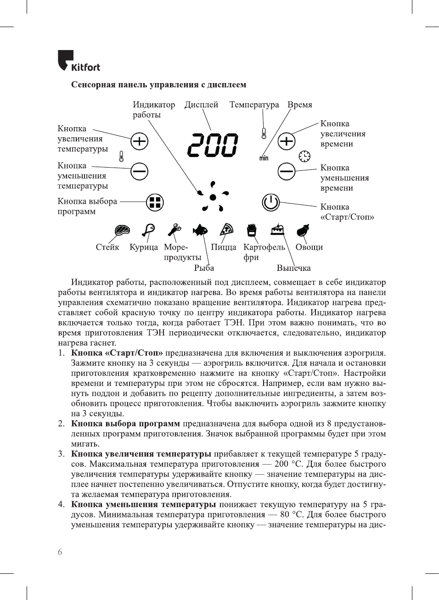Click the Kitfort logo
coord(79,62)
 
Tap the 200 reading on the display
coord(213,146)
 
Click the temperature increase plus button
coord(139,141)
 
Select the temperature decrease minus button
coord(139,172)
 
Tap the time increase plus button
coord(287,141)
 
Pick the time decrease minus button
coord(287,172)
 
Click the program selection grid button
coord(155,202)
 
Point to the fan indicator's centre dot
coord(213,197)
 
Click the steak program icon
coord(122,230)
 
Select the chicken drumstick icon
coord(148,229)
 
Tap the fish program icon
coord(200,230)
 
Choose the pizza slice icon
coord(226,229)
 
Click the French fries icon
coord(251,230)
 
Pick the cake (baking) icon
coord(277,230)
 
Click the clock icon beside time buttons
coord(304,157)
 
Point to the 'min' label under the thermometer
coord(264,158)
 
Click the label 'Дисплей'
coord(201,105)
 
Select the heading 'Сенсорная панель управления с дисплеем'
coord(158,85)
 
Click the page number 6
coord(60,552)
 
